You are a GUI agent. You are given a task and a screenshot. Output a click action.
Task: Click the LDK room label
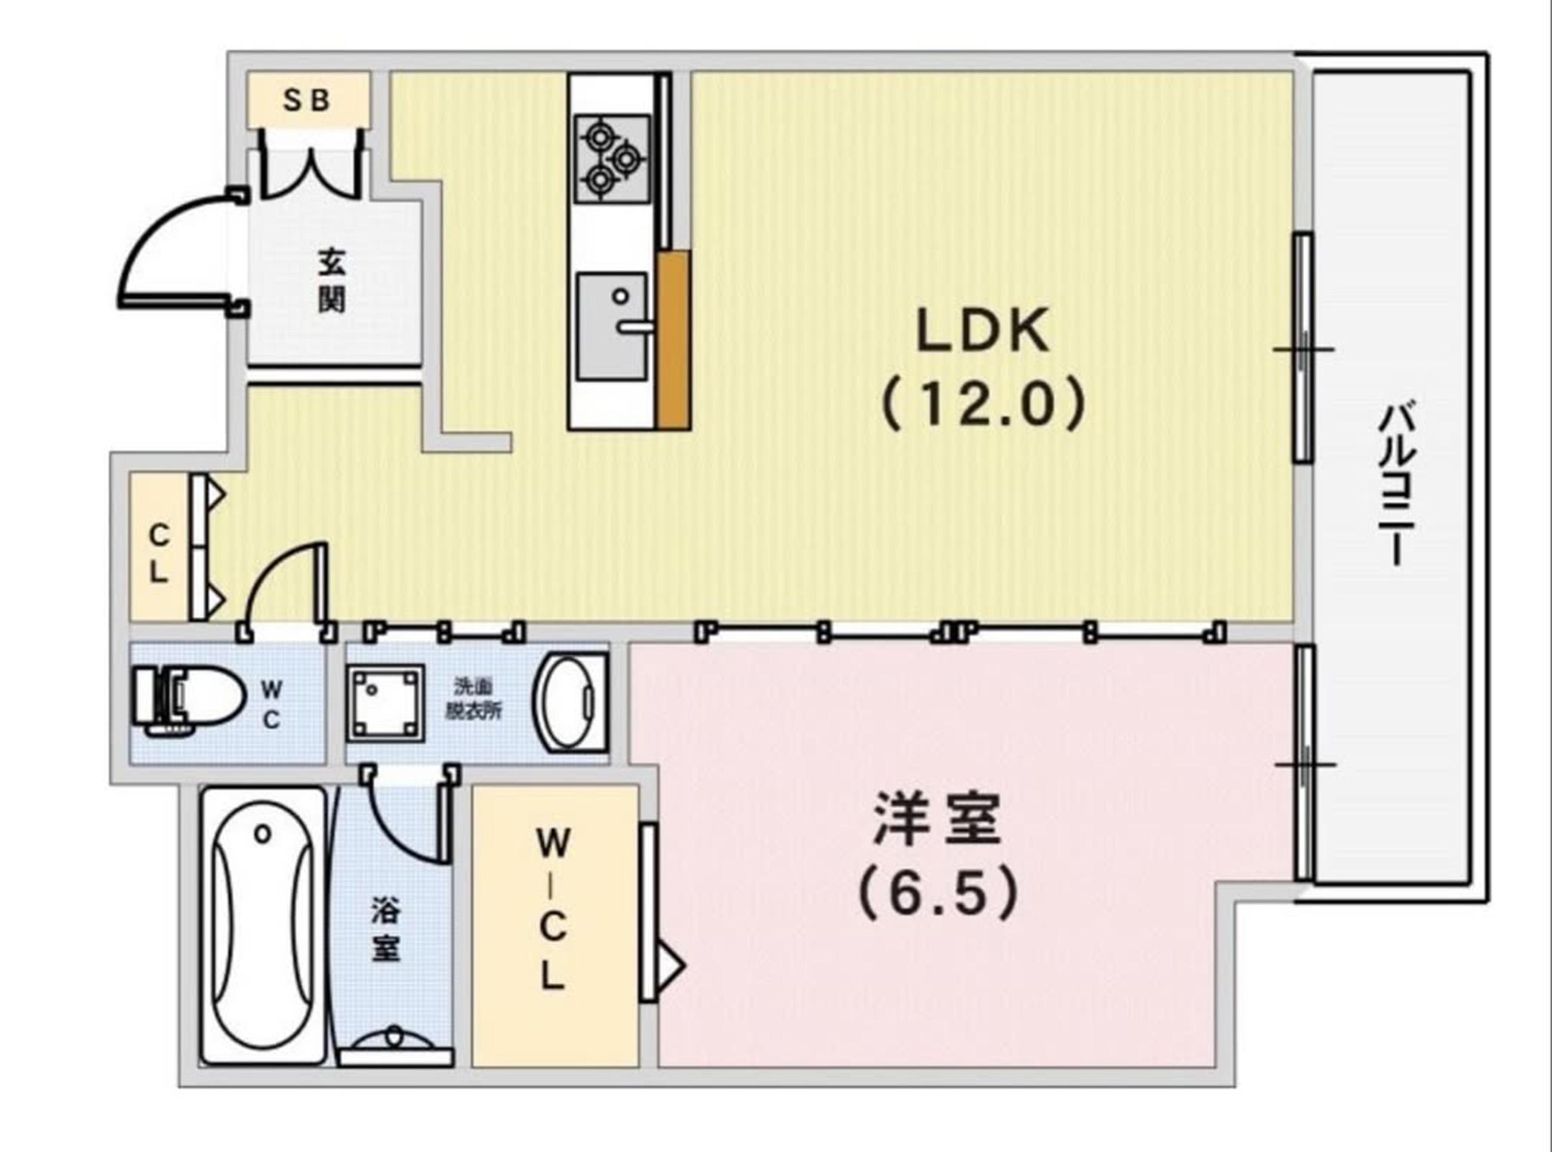pos(983,332)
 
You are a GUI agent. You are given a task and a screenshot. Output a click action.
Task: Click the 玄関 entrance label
pos(332,281)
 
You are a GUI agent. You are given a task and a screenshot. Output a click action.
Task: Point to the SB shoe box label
pos(306,100)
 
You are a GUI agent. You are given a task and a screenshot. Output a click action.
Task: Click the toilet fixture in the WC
pos(190,701)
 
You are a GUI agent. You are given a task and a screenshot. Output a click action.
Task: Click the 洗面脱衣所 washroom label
pos(473,699)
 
